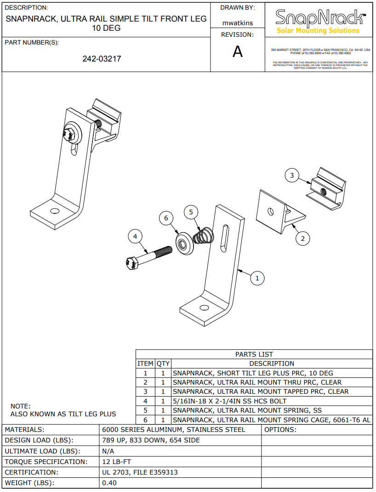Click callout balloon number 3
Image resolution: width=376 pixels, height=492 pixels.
(292, 175)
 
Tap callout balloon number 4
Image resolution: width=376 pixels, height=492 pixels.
(135, 236)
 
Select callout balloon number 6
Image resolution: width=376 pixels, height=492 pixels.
(166, 218)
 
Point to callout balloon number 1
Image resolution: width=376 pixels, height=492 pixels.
(257, 278)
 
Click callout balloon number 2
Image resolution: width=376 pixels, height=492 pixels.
(302, 238)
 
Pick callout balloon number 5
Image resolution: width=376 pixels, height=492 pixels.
(191, 212)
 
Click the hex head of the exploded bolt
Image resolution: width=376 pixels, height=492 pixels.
(131, 263)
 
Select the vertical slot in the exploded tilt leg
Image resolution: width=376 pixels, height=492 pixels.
(224, 236)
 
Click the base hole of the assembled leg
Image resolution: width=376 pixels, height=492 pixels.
(55, 211)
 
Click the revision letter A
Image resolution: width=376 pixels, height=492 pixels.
(237, 52)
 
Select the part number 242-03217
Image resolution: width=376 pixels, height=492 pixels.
(102, 59)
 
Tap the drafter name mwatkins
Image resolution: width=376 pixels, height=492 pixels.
(237, 22)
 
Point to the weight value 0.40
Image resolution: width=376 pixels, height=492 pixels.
(109, 483)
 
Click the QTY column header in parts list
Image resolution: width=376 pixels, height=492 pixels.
(163, 363)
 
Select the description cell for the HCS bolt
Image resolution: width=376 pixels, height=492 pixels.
(229, 401)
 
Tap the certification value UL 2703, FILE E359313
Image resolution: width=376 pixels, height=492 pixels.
(140, 472)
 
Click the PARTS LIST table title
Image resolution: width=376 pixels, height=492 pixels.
(254, 354)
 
